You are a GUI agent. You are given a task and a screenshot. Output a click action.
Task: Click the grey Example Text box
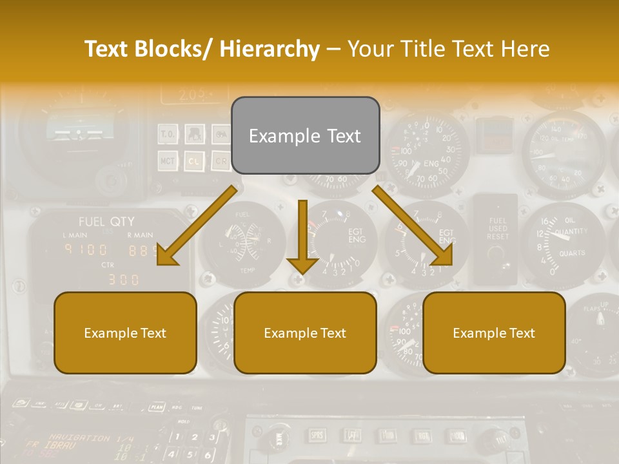305,136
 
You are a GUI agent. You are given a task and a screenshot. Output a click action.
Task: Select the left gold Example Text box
125,333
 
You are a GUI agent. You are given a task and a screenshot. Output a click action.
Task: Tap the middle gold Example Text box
305,333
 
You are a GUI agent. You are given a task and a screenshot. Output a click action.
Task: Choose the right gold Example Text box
494,333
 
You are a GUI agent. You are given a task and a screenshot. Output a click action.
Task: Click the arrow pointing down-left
197,226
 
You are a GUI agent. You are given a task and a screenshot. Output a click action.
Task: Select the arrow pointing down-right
413,226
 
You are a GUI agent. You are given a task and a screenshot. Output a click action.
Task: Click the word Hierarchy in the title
270,49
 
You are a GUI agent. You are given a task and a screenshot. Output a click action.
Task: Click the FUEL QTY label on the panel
106,222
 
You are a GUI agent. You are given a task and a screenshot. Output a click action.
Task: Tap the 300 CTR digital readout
123,279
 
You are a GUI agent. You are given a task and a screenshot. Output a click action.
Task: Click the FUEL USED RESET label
497,229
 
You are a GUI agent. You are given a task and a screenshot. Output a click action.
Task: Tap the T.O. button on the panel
168,135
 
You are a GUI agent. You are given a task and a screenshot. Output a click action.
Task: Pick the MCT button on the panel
168,160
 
